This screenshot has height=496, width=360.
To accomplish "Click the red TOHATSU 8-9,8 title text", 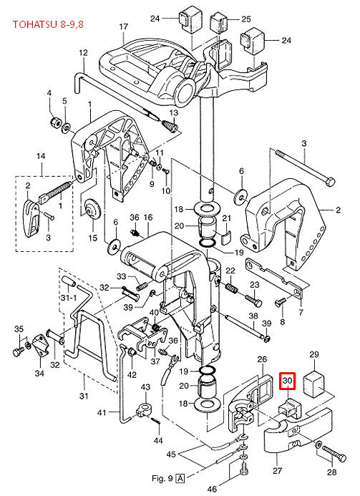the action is [48, 24].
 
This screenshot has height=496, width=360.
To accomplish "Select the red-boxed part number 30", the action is [287, 381].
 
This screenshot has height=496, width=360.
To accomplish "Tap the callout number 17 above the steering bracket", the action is [123, 26].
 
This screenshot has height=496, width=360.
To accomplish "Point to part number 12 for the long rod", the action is [83, 52].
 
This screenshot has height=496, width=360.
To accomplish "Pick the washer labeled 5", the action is [67, 127].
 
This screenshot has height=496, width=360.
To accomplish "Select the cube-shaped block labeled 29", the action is [314, 384].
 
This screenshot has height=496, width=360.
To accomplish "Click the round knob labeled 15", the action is [93, 209].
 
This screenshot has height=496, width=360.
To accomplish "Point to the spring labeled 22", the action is [232, 288].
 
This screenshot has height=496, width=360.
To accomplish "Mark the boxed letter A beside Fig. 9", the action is [180, 477].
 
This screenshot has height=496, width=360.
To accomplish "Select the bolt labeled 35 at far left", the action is [18, 351].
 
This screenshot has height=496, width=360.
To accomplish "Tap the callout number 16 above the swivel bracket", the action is [148, 218].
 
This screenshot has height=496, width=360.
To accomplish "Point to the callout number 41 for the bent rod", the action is [102, 412].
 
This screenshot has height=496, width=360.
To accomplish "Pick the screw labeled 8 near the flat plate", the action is [281, 303].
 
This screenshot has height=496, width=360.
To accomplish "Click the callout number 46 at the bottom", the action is [213, 489].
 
